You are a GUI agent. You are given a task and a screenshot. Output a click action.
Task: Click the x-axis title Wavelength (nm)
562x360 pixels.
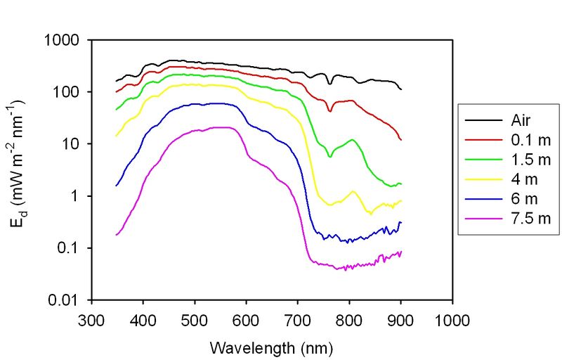[270, 347]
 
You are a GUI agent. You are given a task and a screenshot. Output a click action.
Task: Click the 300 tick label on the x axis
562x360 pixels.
[91, 318]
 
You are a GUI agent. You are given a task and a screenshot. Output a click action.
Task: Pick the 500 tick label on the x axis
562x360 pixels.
[195, 318]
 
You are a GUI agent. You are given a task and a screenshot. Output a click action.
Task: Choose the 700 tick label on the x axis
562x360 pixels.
[298, 318]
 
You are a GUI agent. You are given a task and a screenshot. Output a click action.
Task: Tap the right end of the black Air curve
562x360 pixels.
[401, 89]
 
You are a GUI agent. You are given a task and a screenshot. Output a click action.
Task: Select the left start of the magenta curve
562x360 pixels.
[117, 234]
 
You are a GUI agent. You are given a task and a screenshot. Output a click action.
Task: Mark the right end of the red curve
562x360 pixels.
[401, 140]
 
